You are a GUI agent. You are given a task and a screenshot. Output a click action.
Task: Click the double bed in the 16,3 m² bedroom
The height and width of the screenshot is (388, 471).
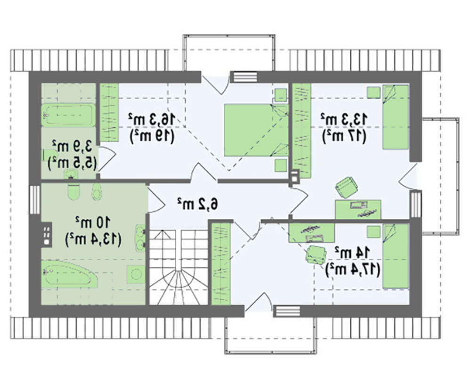click(x=256, y=130)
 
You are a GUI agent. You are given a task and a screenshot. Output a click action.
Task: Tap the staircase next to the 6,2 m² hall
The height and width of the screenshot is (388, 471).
click(x=179, y=267)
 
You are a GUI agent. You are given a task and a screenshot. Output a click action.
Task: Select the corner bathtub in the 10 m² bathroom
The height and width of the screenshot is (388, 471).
click(x=70, y=274)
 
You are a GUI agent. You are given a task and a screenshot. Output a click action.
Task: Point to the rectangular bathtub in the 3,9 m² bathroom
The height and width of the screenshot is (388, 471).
click(x=68, y=115)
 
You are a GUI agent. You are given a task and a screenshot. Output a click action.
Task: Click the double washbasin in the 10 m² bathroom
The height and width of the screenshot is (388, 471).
click(x=140, y=238)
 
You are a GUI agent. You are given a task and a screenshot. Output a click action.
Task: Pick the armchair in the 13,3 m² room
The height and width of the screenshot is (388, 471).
click(x=346, y=187)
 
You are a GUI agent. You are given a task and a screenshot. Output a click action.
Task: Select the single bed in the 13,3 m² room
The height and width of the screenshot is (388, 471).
click(x=396, y=117)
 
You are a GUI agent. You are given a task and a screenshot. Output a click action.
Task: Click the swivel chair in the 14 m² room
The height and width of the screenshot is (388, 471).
click(x=316, y=255)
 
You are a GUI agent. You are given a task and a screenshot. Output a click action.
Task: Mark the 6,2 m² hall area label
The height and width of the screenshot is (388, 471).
click(x=197, y=204)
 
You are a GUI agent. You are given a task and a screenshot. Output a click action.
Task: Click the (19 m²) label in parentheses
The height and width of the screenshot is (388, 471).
click(x=152, y=137)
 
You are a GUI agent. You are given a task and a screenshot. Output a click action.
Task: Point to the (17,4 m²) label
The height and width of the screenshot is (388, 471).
click(x=353, y=269)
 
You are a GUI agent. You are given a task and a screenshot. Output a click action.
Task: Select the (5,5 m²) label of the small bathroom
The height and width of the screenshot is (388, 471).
click(x=72, y=163)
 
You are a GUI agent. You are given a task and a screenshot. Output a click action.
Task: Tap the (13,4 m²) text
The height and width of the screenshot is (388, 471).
click(x=93, y=239)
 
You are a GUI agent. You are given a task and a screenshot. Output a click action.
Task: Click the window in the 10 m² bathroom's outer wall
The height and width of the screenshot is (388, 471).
click(x=35, y=200)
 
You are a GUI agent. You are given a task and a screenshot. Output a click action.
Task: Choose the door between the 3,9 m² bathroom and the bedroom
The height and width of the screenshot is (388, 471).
click(x=106, y=159)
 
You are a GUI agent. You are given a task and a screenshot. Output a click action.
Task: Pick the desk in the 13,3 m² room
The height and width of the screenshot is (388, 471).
click(x=358, y=210)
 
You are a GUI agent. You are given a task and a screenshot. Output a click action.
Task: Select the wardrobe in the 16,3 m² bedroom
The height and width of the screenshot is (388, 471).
click(x=109, y=113)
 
